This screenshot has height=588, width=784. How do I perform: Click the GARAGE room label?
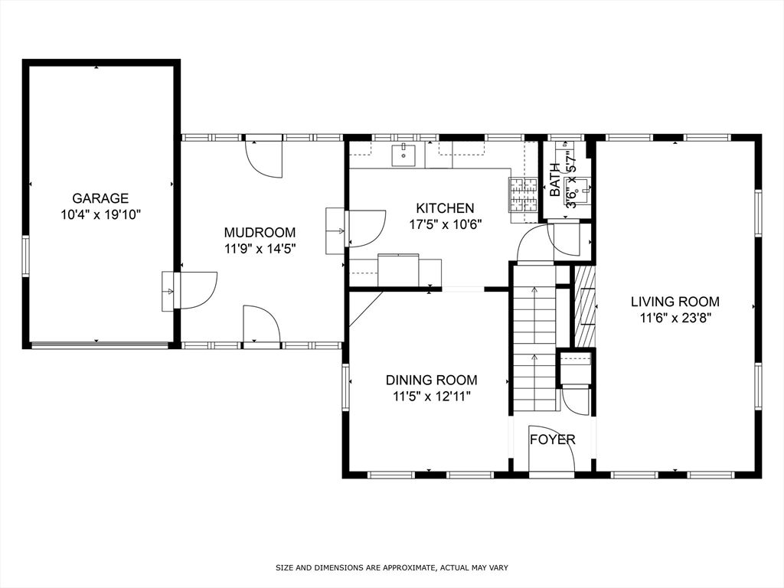coord(100,198)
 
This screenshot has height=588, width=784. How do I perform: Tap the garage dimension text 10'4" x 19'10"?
coord(101,215)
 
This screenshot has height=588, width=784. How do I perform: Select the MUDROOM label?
coord(260,233)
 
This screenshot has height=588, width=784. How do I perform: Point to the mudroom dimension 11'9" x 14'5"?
coord(260,249)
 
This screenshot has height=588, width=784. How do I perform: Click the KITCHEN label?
coord(445,208)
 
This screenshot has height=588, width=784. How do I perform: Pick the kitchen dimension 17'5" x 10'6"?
coord(445,224)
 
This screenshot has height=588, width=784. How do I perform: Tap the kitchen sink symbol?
coord(403,155)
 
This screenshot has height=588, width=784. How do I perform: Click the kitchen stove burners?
coord(523,194)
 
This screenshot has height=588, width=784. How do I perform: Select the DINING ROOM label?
coord(431,380)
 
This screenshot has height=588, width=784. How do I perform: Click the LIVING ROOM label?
coord(675,302)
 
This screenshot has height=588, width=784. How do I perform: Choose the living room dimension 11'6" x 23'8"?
coord(675,318)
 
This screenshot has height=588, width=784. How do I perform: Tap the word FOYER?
coord(553,439)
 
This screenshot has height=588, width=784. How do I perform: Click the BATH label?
coord(555,179)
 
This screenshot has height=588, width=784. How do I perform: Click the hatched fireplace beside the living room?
coord(585,306)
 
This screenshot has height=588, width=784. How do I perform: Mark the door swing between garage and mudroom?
coord(198,290)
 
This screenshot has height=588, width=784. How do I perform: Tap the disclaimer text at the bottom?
coord(392,567)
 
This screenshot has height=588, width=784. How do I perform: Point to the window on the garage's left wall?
coord(25,256)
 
